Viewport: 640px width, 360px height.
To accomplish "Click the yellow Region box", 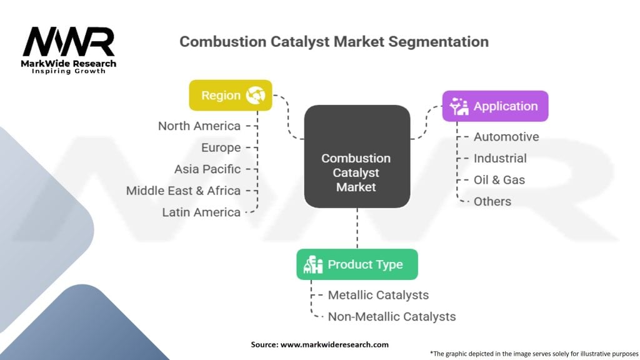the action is pos(231,95).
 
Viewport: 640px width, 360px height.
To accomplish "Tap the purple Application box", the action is pos(495,106).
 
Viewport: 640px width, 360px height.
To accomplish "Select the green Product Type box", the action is pos(357,264).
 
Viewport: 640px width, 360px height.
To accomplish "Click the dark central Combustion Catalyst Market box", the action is pos(357,156).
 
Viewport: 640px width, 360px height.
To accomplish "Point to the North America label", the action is pos(199,126).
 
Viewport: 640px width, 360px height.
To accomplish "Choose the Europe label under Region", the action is pos(221,147).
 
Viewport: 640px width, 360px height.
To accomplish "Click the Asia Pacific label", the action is pos(207,169).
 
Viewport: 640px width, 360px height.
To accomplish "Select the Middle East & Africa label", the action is pos(183,191).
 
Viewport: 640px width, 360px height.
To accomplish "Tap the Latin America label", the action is pos(201,212).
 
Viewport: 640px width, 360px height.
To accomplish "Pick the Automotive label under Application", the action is pos(506,137).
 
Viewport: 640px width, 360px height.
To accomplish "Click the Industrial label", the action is pos(500,158).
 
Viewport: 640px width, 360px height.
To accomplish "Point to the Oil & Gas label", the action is pos(499,180).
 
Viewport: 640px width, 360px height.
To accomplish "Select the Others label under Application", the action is pos(492,202).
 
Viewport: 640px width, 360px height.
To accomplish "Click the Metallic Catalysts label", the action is pos(378,295).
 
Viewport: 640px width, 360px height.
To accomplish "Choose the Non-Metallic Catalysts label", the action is pos(392,317).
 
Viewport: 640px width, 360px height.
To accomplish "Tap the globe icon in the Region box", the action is pos(256,95).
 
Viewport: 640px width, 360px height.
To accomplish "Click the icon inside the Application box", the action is pos(459,106).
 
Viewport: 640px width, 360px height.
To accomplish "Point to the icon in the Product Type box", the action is pos(313,264).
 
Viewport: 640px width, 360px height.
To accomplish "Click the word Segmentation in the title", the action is pos(438,42).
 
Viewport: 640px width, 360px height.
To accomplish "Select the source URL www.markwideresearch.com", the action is pos(334,344).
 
